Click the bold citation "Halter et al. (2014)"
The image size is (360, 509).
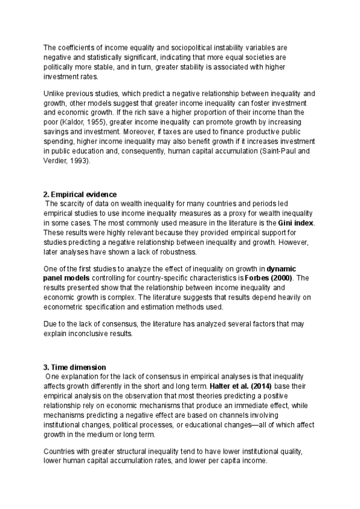(x=232, y=385)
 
